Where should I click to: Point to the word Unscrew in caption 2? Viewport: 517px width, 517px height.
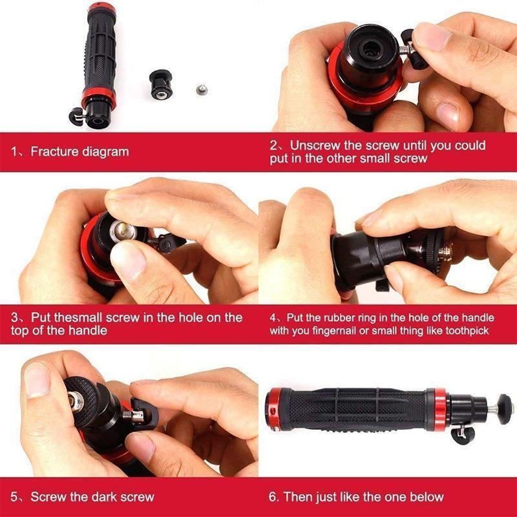coord(314,145)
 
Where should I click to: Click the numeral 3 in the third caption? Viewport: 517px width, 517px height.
coord(16,317)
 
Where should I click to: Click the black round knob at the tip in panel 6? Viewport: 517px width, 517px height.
coord(505,408)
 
